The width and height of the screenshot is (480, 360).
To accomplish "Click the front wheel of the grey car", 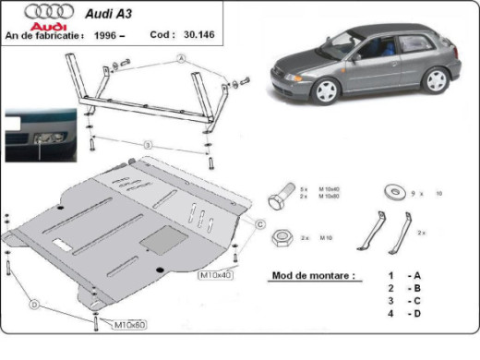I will (326, 90).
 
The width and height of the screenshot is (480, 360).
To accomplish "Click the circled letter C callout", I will (260, 224).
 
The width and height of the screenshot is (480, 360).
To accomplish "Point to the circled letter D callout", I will (34, 304).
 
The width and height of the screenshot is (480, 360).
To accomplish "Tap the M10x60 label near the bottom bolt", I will (129, 325).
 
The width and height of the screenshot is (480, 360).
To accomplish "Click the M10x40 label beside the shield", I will (216, 274).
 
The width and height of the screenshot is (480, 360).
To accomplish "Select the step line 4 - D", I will (405, 315).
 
